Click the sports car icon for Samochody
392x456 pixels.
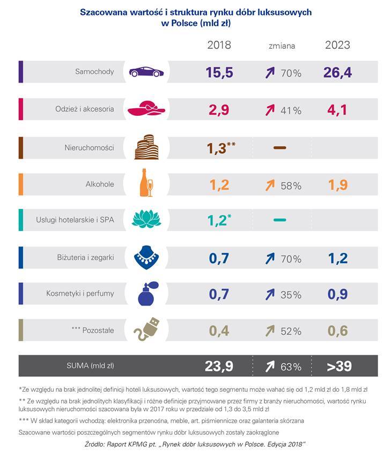[146, 72]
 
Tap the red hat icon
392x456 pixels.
[145, 109]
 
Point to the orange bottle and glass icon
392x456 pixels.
[146, 183]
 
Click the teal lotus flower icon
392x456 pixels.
[146, 220]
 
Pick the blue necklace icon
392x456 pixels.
[146, 257]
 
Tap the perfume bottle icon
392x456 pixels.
[146, 294]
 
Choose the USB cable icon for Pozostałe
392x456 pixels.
[146, 331]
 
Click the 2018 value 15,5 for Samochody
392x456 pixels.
[219, 72]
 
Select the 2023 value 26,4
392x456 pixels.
[337, 72]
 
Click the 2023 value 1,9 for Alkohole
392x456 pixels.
[337, 185]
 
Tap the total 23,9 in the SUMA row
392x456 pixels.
[219, 367]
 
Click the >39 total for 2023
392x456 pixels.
[337, 367]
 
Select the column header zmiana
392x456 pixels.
[282, 46]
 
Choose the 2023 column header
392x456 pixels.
[337, 45]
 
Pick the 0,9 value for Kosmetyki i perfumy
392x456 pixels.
[337, 294]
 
